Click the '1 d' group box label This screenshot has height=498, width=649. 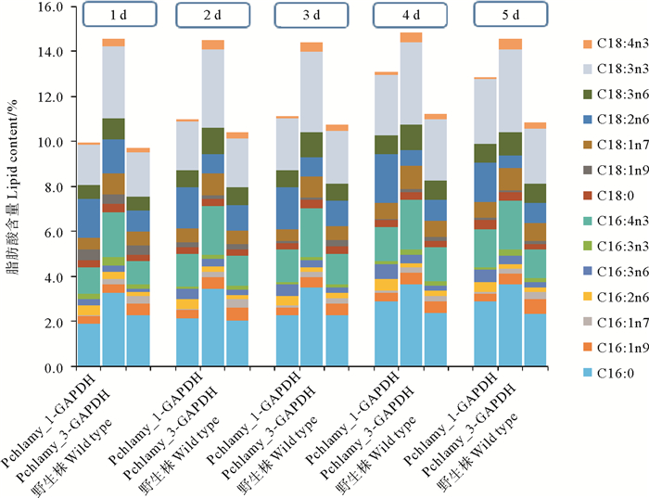tap(113, 16)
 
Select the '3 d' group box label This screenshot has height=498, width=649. tap(310, 16)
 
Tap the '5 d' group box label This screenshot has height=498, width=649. tap(508, 16)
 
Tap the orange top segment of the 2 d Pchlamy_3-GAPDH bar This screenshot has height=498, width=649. tap(212, 45)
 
